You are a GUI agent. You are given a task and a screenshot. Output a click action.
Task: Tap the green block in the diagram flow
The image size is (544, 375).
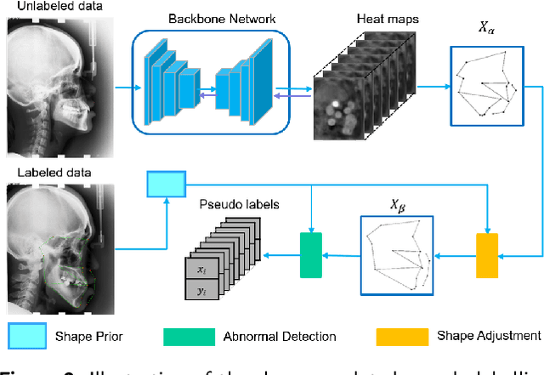click(312, 254)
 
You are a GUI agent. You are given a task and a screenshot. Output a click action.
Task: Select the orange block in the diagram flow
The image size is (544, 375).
click(487, 254)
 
